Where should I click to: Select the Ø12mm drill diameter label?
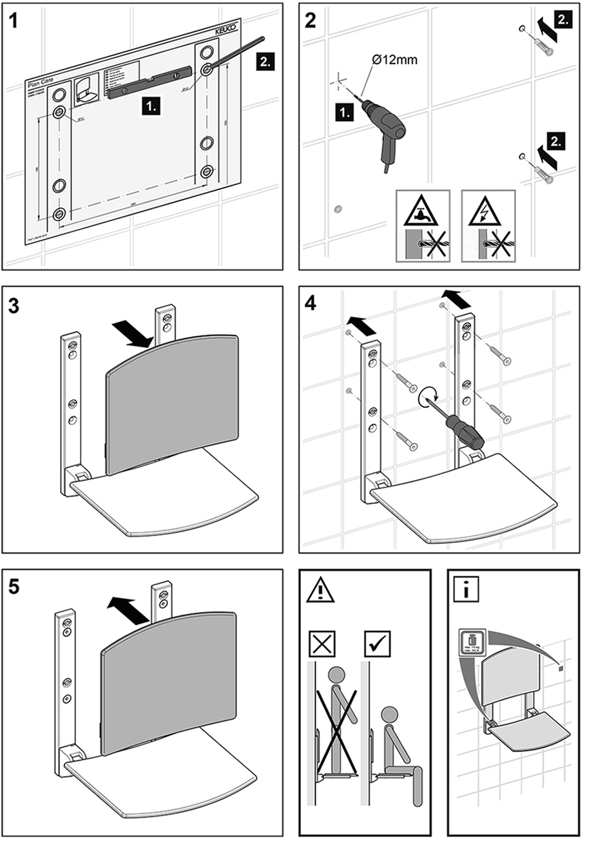click(394, 60)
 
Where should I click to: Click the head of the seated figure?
click(389, 715)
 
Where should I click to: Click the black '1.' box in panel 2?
click(345, 113)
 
